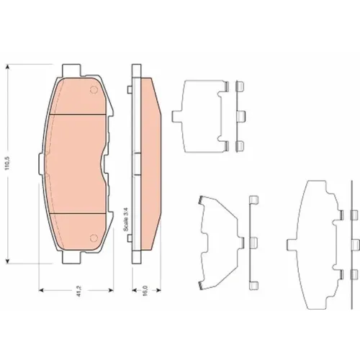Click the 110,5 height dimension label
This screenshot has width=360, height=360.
click(7, 163)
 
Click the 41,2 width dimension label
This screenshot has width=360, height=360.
click(78, 290)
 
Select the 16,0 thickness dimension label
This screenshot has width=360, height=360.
click(145, 290)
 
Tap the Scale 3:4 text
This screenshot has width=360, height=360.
click(126, 220)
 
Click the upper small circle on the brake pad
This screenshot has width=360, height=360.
click(94, 90)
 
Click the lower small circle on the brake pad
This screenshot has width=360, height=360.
click(94, 238)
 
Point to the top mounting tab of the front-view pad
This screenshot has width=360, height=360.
click(71, 70)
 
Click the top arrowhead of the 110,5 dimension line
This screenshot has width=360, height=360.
click(8, 67)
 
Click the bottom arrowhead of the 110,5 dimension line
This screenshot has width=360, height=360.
click(8, 261)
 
